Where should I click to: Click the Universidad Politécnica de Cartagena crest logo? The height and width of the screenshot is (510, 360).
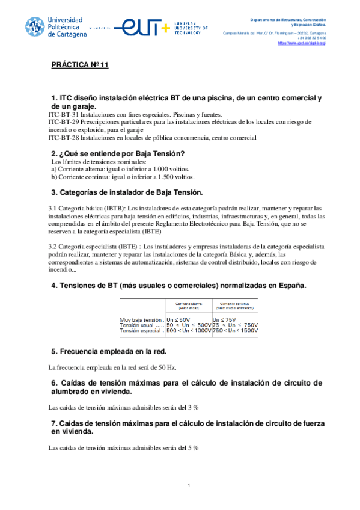pyautogui.click(x=35, y=27)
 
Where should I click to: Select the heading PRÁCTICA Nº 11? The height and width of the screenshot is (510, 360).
pyautogui.click(x=79, y=65)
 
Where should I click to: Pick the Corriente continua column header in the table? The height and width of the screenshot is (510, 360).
pyautogui.click(x=235, y=304)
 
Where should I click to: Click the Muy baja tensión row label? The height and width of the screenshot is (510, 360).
pyautogui.click(x=141, y=319)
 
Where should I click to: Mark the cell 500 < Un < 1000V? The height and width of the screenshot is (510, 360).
pyautogui.click(x=189, y=331)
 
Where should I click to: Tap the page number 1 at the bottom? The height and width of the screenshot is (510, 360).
pyautogui.click(x=189, y=485)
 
